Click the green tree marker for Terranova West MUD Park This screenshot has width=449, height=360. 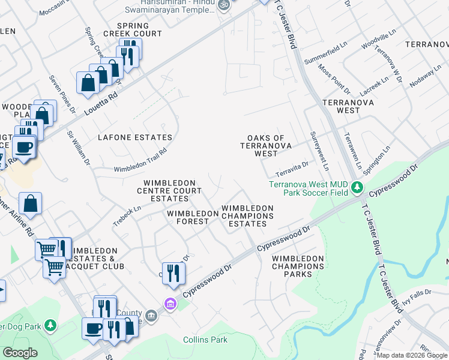pos(358,188)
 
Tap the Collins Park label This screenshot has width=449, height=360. pos(205,340)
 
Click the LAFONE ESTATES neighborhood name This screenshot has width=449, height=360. pos(136,137)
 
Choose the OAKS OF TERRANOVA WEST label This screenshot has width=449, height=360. pos(266,146)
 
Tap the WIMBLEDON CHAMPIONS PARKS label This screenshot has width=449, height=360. pos(298,266)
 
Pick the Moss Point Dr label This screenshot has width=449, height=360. pos(335,79)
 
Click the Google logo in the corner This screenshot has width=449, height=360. pos(20,353)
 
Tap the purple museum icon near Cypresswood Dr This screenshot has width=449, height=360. pos(170,304)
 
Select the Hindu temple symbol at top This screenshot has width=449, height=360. pos(223,4)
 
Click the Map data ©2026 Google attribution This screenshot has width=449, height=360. pos(412,355)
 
